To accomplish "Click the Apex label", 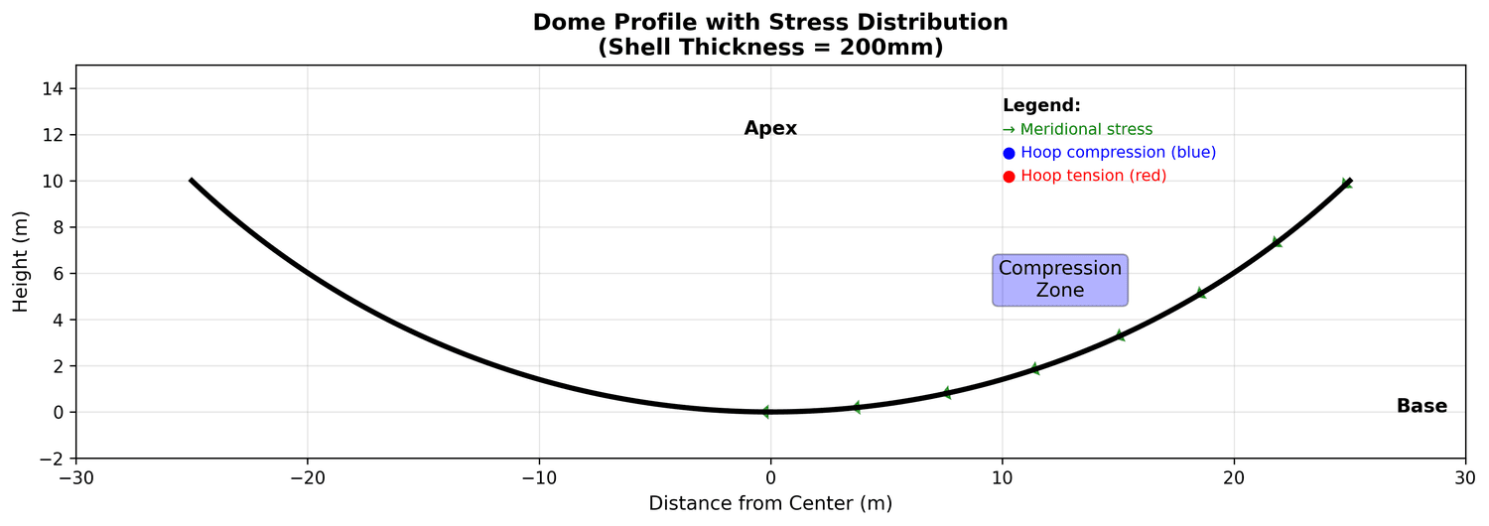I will coord(770,129).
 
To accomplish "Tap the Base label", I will coord(1421,406).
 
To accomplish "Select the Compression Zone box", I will coord(1060,280).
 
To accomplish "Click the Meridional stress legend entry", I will coord(1077,130).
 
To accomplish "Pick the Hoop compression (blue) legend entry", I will coord(1109,153).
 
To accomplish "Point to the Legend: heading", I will coord(1041,106).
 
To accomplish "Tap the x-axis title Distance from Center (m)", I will coord(770,504).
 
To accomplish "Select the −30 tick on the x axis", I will coord(76,476).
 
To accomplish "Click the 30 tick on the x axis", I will coord(1465,476).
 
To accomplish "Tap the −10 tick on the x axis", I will coord(539,476).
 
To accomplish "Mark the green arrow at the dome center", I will coord(764,412).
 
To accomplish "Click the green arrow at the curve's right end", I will coord(1346,183).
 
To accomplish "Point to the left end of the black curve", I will coord(191,181).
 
